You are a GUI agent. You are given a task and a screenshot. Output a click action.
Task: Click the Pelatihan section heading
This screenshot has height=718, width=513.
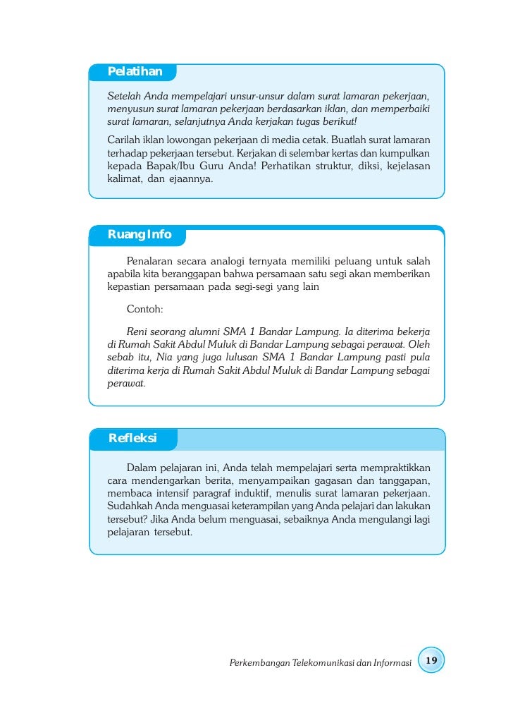click(135, 71)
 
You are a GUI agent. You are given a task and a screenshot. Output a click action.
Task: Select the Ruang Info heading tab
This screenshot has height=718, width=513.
click(140, 235)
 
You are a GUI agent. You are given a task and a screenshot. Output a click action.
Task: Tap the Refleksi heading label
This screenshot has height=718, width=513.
click(132, 438)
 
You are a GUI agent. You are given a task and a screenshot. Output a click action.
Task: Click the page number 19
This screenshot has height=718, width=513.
click(431, 660)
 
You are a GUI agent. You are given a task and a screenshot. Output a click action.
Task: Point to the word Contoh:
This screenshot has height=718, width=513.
click(144, 309)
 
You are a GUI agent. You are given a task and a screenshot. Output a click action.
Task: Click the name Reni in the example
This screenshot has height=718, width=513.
click(138, 330)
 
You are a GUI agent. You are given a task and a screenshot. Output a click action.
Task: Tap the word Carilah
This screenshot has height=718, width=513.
click(123, 139)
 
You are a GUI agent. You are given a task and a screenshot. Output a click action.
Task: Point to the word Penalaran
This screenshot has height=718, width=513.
click(150, 262)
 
